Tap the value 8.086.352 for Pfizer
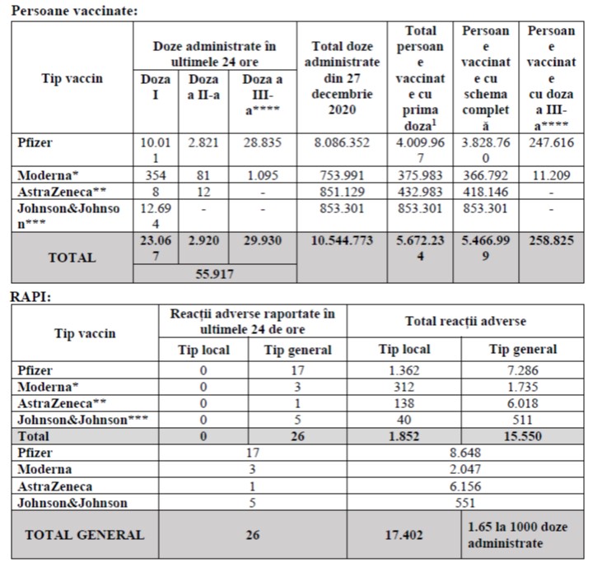pyautogui.click(x=342, y=142)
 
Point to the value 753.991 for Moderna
pyautogui.click(x=342, y=175)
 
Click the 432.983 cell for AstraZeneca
pyautogui.click(x=421, y=192)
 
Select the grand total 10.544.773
pyautogui.click(x=342, y=240)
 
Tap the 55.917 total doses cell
pyautogui.click(x=214, y=274)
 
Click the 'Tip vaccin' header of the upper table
pyautogui.click(x=72, y=78)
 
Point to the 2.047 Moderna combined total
pyautogui.click(x=467, y=469)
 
